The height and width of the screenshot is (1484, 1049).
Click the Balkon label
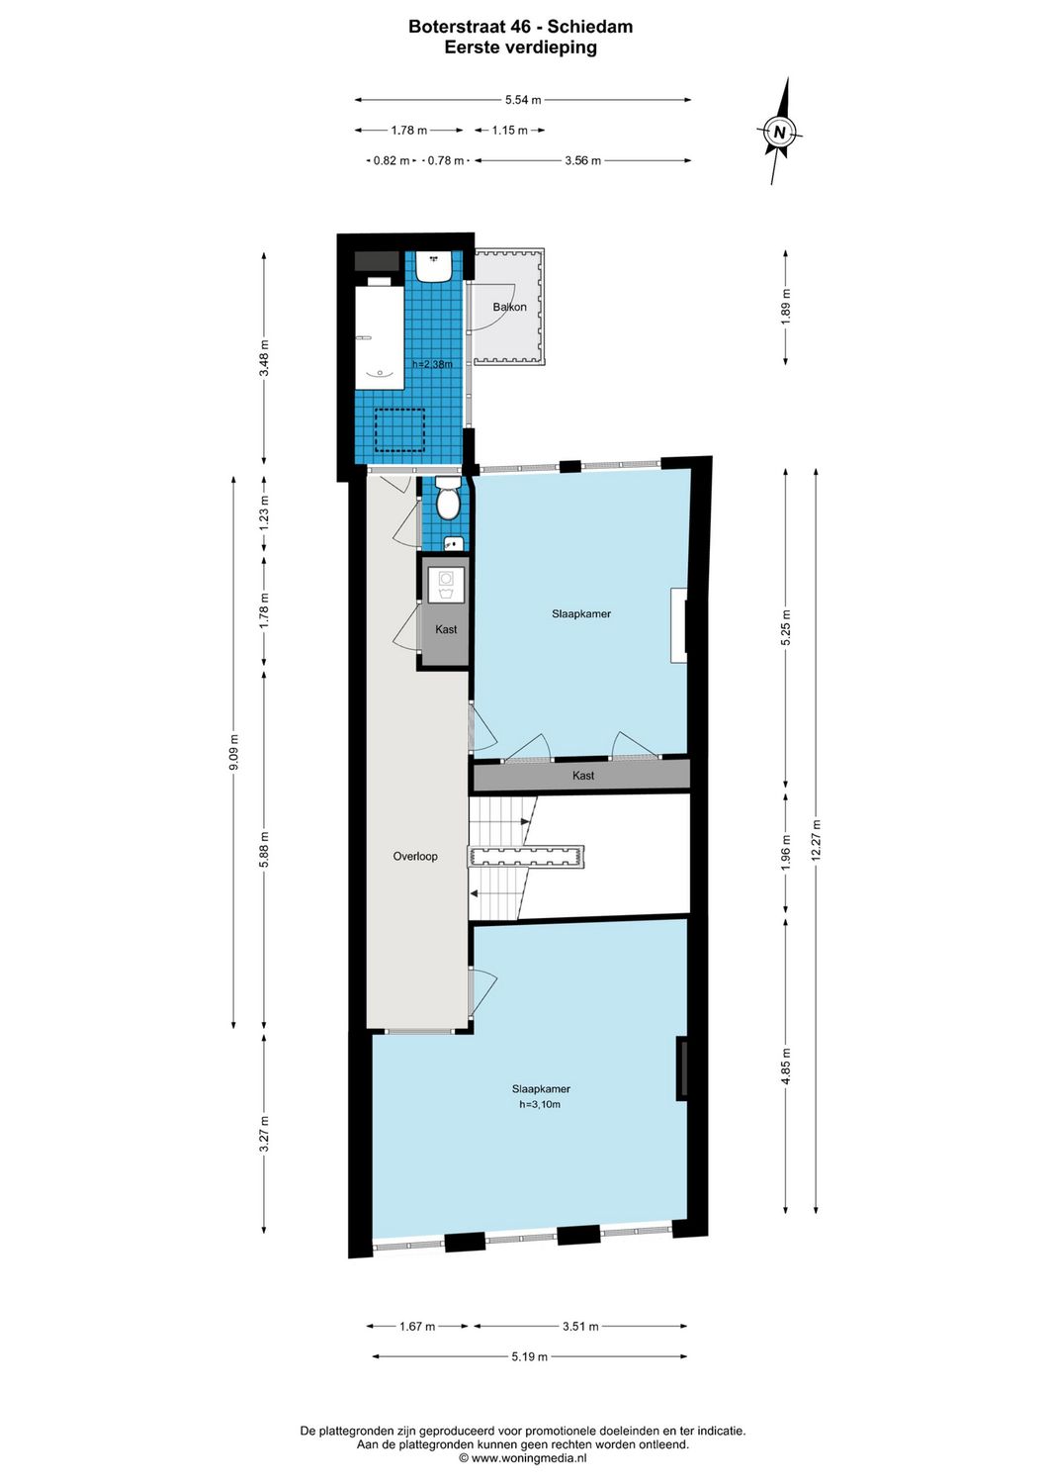point(510,307)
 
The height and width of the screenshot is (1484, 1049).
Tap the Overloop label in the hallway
point(415,856)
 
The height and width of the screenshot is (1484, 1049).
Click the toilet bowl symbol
point(448,502)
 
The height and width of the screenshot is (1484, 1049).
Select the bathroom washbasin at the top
point(434,265)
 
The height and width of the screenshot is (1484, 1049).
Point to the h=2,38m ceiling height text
point(432,364)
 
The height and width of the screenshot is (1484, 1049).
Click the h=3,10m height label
point(540,1104)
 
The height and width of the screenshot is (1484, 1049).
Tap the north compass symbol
point(780,131)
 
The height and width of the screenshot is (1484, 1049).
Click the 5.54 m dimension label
point(523,100)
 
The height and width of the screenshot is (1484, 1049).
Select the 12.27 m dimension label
point(816,840)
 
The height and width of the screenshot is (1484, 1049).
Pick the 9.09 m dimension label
point(234,752)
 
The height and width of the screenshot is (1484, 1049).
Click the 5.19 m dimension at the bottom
point(529,1356)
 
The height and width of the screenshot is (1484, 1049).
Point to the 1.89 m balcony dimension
point(786,307)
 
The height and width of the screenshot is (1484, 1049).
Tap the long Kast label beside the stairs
point(583,776)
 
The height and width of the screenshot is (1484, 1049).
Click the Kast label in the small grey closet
point(446,629)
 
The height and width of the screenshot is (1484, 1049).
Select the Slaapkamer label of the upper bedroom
point(581,613)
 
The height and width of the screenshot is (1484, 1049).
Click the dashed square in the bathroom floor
point(400,430)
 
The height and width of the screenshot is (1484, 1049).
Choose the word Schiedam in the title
point(590,27)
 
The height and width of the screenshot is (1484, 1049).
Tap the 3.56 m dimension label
point(582,160)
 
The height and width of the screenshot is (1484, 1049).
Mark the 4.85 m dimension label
point(786,1067)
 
